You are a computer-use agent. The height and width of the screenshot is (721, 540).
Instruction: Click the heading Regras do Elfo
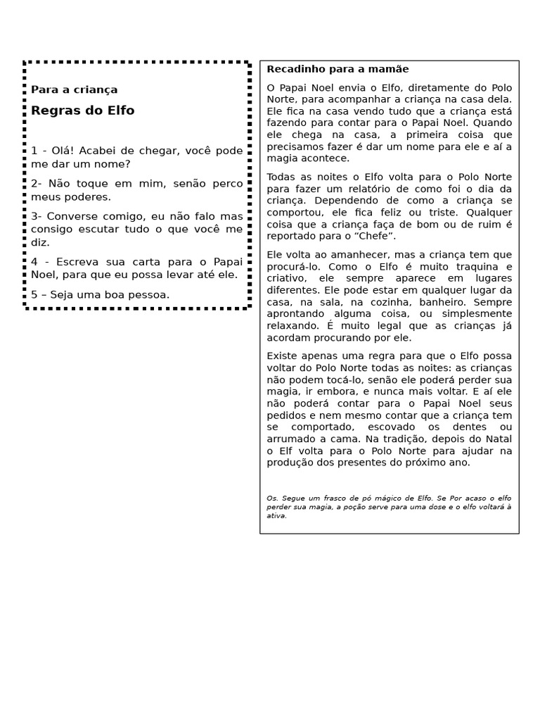(x=82, y=111)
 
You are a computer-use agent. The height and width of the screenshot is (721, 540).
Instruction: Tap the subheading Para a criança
(x=74, y=90)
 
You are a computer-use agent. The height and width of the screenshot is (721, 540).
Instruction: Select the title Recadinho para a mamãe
(x=337, y=69)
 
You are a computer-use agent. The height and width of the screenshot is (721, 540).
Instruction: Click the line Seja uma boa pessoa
(x=100, y=295)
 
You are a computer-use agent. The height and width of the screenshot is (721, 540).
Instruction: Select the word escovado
(x=380, y=427)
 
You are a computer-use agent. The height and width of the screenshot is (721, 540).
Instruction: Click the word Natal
(x=499, y=439)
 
